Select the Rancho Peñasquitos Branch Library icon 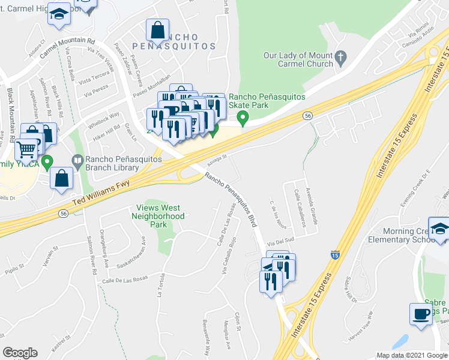(x=77, y=160)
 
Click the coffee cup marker (x=421, y=313)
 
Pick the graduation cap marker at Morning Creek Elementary (x=440, y=229)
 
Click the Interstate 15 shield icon (x=335, y=255)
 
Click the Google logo (x=20, y=352)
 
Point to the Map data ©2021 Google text (x=411, y=355)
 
